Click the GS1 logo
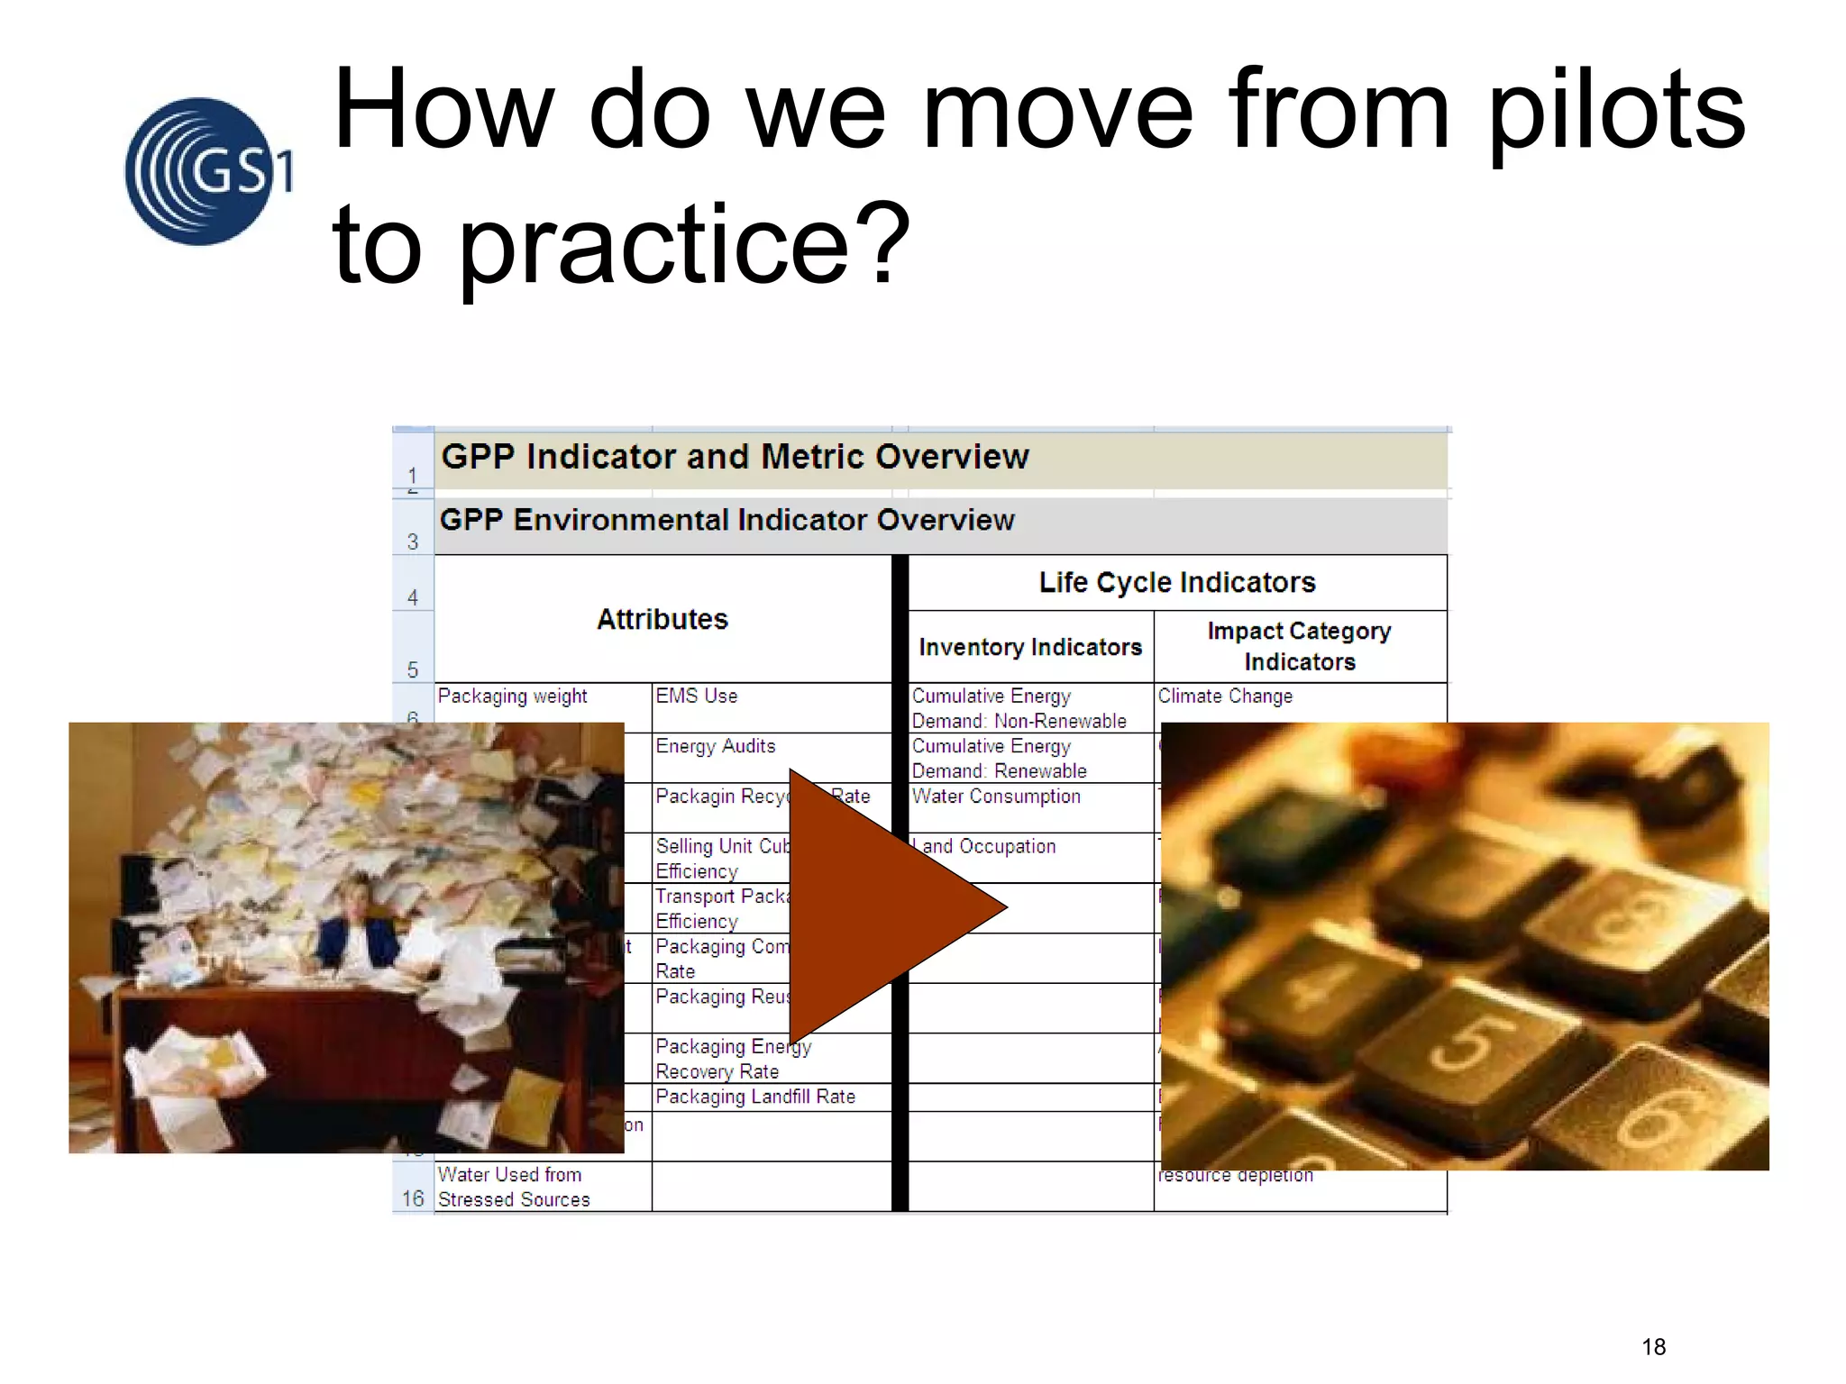click(x=206, y=171)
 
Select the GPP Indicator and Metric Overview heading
click(x=735, y=457)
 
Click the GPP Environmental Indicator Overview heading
click(x=727, y=520)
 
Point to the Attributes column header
click(x=663, y=619)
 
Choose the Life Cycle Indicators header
click(x=1176, y=582)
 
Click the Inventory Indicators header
click(x=1030, y=647)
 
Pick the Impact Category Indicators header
click(x=1299, y=646)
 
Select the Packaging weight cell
click(x=512, y=697)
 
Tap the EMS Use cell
click(x=697, y=697)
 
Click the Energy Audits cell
click(x=716, y=746)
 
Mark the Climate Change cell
click(x=1225, y=697)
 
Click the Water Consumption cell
click(x=996, y=797)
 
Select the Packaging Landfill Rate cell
click(x=755, y=1097)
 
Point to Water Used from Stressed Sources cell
click(x=514, y=1187)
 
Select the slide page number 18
click(x=1653, y=1347)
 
